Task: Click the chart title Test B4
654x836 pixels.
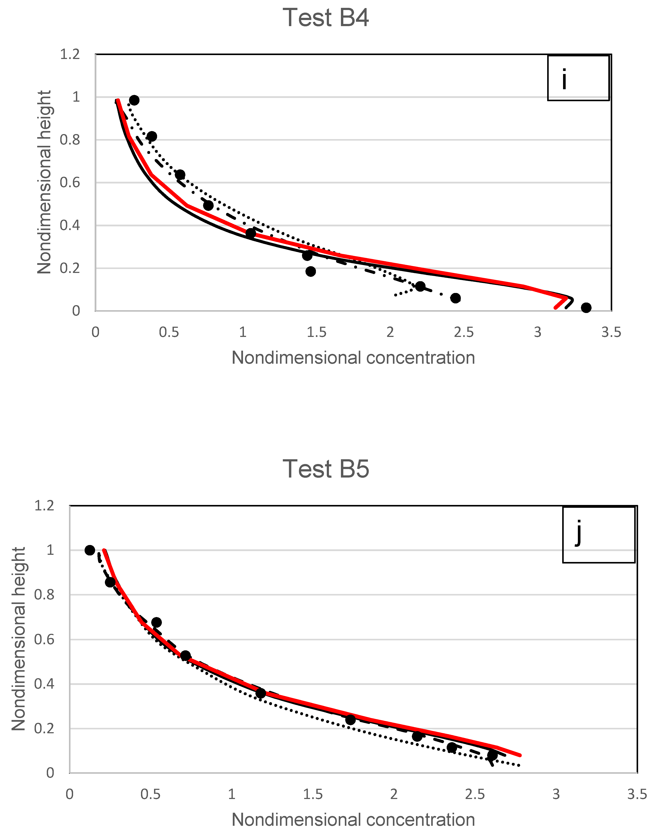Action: point(326,18)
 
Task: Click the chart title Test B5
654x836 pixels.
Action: point(326,469)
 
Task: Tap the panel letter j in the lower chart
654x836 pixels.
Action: point(579,532)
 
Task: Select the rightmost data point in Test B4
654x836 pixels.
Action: point(586,308)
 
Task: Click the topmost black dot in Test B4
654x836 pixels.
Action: point(134,100)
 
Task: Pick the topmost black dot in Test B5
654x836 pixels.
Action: point(90,550)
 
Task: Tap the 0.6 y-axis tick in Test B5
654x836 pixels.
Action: point(44,639)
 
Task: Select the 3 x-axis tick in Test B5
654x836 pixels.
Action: point(556,795)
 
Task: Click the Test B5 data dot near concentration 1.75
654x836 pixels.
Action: point(350,720)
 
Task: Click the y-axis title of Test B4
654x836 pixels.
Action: point(44,182)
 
